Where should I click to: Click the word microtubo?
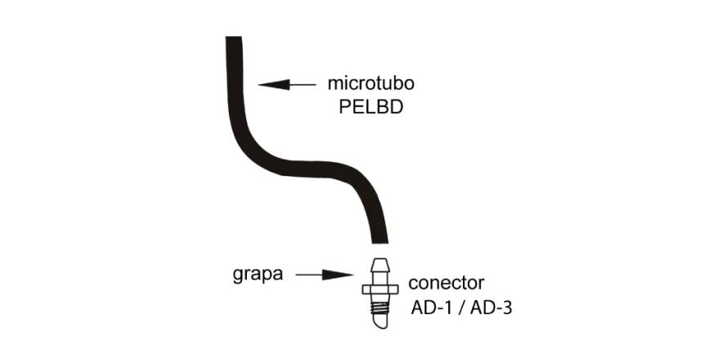tap(370, 83)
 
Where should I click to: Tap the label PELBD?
tap(371, 107)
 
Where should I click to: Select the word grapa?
tap(258, 274)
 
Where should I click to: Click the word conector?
tap(446, 283)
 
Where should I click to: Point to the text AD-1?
tap(430, 308)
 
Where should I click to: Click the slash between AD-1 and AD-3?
tap(460, 308)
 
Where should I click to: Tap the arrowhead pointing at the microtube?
tap(273, 84)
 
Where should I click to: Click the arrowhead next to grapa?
tap(338, 275)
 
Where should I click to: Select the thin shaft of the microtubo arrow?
tap(302, 84)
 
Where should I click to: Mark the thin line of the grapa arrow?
tap(309, 275)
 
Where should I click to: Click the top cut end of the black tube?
tap(234, 38)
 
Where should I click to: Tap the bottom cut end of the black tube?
tap(380, 242)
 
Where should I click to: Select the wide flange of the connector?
tap(380, 290)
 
